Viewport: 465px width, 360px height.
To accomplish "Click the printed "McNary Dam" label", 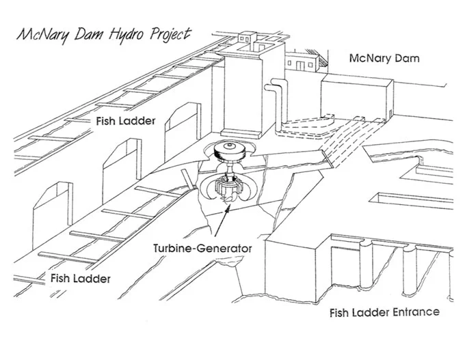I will (x=384, y=58).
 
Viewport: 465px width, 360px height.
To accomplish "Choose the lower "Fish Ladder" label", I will (x=81, y=278).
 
